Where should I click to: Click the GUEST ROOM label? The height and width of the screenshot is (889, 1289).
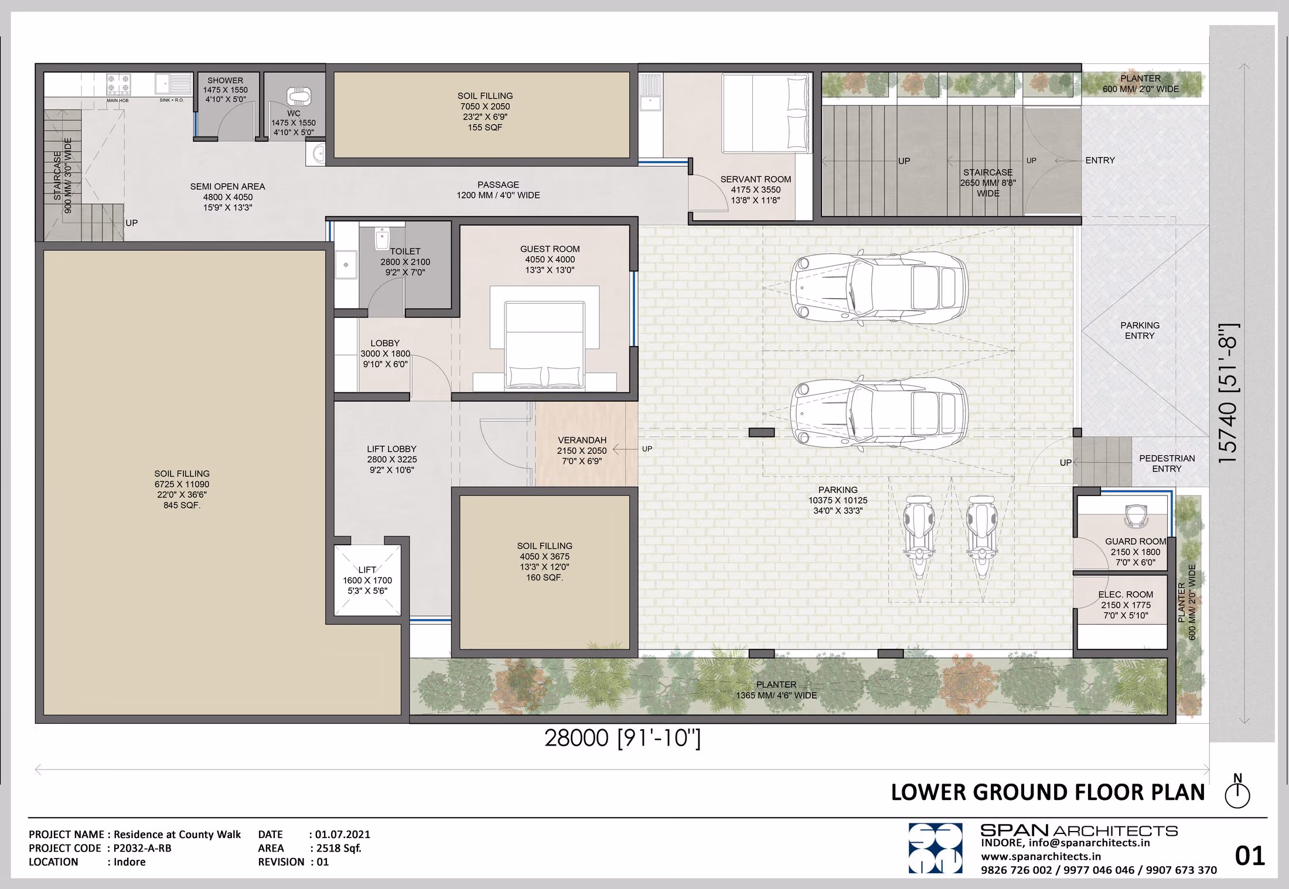tap(550, 249)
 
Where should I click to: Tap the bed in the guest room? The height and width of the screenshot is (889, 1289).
tap(544, 344)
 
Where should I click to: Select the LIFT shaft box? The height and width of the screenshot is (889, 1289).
tap(367, 580)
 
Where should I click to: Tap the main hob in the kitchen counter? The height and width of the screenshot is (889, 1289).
tap(118, 84)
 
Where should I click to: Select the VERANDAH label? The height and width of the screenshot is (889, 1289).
tap(582, 440)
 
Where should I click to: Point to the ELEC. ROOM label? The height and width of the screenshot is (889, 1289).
tap(1126, 594)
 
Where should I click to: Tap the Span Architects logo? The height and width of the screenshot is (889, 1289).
tap(935, 848)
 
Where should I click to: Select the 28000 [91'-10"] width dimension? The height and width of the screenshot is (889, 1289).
tap(622, 738)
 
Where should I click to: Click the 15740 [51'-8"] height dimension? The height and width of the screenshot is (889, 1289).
tap(1229, 393)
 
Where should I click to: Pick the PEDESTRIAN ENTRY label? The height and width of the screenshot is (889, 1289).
tap(1167, 463)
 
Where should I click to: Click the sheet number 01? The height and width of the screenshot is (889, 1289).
tap(1250, 856)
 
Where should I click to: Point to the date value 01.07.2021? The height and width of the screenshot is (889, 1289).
tap(343, 834)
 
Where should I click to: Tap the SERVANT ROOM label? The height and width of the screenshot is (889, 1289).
tap(755, 179)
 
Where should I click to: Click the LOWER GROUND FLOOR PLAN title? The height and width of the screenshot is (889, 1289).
tap(1048, 792)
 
